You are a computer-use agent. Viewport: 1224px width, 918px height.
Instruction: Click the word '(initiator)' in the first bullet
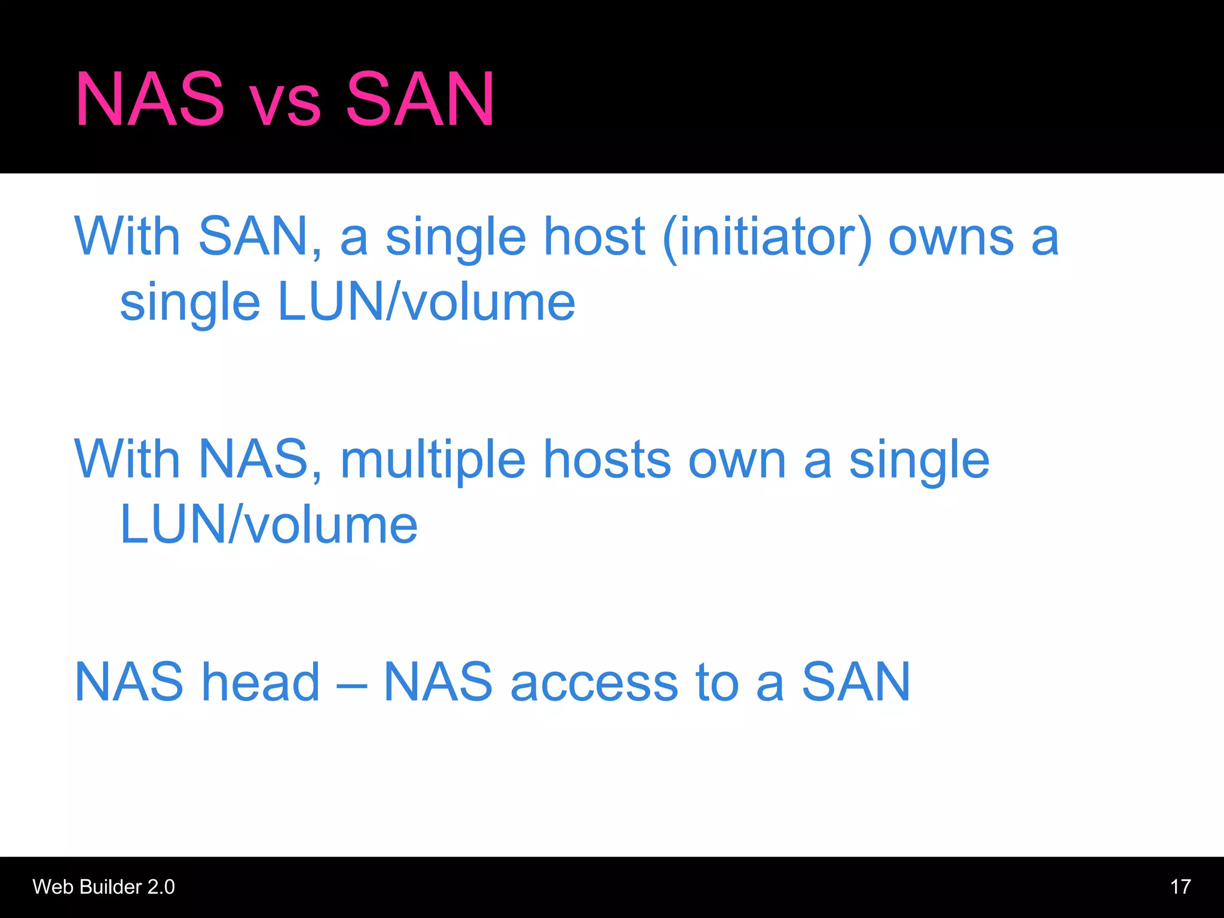coord(767,237)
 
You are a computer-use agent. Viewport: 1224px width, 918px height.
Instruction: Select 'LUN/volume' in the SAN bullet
coord(426,302)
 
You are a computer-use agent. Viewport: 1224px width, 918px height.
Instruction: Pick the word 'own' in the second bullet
coord(737,461)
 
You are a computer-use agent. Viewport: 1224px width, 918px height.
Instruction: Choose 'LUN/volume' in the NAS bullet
coord(268,525)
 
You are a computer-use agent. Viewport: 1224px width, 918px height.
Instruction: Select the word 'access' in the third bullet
coord(594,683)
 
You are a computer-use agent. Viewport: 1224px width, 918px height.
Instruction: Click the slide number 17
coord(1180,886)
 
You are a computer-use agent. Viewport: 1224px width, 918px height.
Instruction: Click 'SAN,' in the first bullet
coord(259,237)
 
